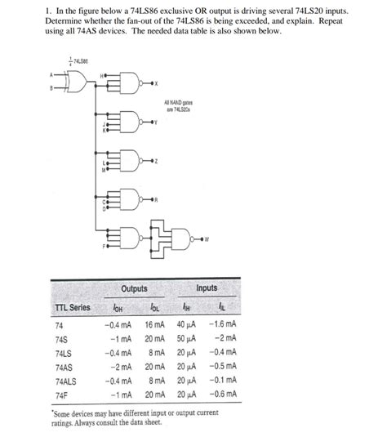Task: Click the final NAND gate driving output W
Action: [x=180, y=238]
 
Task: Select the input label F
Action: [x=103, y=244]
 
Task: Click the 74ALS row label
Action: [x=66, y=381]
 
